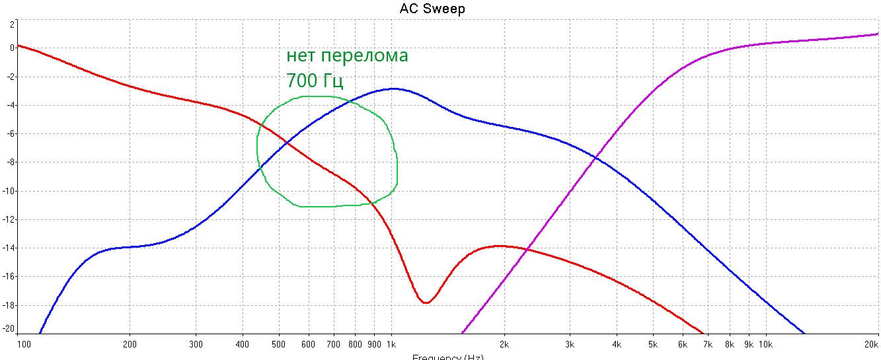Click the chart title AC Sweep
tap(432, 9)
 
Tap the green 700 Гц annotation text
tap(315, 81)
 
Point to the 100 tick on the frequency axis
tap(24, 344)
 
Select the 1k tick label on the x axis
tap(391, 344)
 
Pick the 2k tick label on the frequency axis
tap(504, 344)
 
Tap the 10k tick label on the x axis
tap(766, 344)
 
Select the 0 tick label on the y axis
tap(11, 48)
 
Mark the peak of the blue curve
tap(394, 89)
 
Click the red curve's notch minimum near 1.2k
tap(426, 303)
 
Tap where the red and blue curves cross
tap(286, 141)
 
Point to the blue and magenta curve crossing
tap(597, 157)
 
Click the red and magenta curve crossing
tap(525, 249)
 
